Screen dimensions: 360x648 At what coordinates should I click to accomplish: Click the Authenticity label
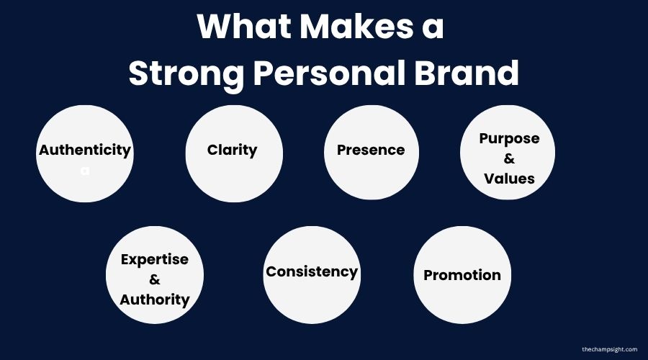coord(85,150)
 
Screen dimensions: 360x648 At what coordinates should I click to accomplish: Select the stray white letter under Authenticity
coord(85,172)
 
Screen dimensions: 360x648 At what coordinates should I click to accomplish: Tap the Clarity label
coord(232,150)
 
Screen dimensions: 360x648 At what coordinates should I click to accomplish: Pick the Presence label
coord(371,150)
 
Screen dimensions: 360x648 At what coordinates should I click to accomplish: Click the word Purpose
coord(509,138)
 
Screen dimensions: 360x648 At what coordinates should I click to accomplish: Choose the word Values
coord(509,178)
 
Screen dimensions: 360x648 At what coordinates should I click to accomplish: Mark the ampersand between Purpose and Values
coord(509,158)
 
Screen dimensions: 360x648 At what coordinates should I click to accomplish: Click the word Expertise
coord(155,259)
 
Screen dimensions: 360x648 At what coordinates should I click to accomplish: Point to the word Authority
coord(155,299)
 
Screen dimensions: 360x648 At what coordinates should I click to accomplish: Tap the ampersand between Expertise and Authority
coord(155,279)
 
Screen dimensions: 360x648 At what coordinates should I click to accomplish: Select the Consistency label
coord(312,271)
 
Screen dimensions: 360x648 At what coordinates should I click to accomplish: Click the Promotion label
coord(462,274)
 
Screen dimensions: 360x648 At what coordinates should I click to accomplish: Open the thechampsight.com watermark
coord(609,349)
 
